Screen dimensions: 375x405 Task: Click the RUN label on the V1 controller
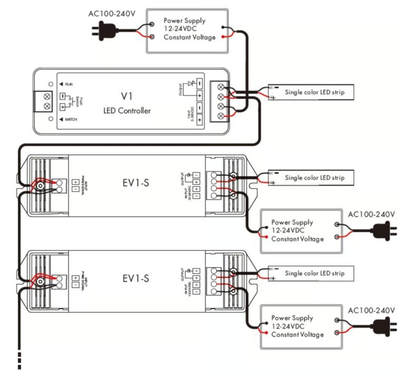pos(68,84)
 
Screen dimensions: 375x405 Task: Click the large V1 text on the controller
pos(127,96)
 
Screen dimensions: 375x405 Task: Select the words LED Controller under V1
pos(127,111)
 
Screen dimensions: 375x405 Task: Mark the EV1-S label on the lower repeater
pos(136,277)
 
